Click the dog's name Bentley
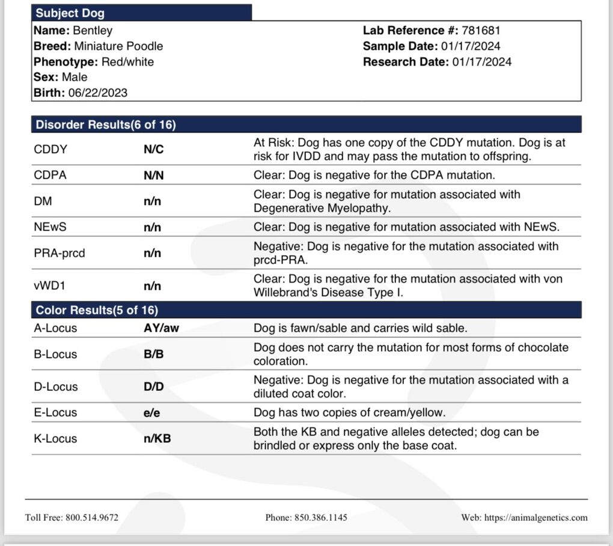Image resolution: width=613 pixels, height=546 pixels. point(93,30)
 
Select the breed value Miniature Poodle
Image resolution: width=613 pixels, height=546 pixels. point(118,46)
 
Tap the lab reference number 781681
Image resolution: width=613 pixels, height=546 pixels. point(481,30)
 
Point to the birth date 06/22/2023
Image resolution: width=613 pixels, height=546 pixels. point(97,93)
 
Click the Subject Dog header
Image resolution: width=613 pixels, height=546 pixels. point(70,13)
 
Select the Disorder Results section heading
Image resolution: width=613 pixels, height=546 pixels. point(106,124)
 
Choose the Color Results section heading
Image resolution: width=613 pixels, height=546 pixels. point(97,310)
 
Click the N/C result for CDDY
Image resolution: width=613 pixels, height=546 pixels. point(153,149)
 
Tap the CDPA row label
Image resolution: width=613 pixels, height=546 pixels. point(50,175)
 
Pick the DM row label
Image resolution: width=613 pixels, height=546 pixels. point(43,201)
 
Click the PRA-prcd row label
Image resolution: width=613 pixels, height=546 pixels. point(59,253)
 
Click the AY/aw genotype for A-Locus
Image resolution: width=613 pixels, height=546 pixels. point(161,328)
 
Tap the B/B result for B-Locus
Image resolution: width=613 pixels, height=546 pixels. point(153,354)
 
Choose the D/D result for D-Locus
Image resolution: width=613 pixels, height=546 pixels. point(153,387)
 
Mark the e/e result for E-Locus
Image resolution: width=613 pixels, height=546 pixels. point(152,413)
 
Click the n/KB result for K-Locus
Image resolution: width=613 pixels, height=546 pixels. point(157,438)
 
